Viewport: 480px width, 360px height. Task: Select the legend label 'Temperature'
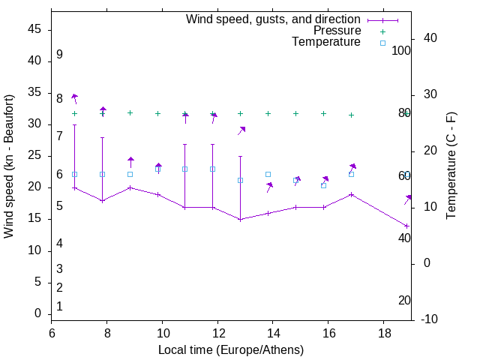[x=326, y=42]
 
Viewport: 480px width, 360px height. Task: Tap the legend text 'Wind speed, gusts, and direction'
[x=274, y=19]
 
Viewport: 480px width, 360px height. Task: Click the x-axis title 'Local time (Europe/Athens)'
[x=231, y=350]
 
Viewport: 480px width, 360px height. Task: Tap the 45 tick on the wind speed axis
[x=34, y=30]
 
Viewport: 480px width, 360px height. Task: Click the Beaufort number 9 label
[x=59, y=55]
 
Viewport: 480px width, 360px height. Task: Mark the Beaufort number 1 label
[x=59, y=306]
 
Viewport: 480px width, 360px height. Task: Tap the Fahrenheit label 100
[x=402, y=51]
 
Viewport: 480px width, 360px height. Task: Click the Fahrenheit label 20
[x=404, y=300]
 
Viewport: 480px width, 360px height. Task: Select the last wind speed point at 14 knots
[x=406, y=226]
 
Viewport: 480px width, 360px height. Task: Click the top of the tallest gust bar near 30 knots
[x=74, y=125]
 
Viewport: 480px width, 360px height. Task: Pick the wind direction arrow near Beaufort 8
[x=74, y=97]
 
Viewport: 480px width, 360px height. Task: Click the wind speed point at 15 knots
[x=240, y=219]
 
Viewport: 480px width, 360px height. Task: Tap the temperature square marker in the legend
[x=382, y=43]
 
